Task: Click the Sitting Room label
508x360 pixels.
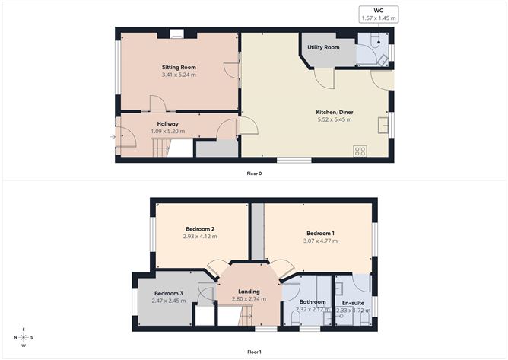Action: tap(179, 67)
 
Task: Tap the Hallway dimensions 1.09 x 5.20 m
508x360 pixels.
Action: tap(168, 132)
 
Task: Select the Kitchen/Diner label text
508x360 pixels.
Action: tap(335, 112)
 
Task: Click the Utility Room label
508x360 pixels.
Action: tap(323, 47)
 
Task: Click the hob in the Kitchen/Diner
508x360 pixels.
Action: tap(360, 151)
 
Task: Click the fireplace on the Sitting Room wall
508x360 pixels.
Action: tap(176, 33)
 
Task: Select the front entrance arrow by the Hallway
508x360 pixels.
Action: tap(113, 137)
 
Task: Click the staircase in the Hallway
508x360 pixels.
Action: tap(158, 151)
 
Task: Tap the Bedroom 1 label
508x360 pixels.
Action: tap(320, 233)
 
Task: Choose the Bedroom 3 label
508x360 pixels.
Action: tap(169, 293)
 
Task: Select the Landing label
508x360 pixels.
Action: tap(249, 292)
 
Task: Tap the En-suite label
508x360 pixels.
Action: tap(352, 302)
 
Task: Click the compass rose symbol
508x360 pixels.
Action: tap(24, 338)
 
